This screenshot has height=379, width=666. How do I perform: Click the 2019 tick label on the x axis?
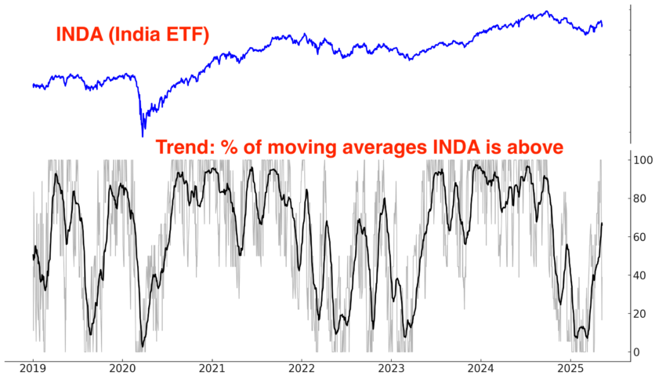[32, 368]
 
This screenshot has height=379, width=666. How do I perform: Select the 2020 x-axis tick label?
[122, 368]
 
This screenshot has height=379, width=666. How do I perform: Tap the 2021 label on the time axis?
[212, 368]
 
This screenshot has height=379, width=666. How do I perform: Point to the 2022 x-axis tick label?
[302, 368]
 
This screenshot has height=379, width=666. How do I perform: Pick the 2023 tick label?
[392, 368]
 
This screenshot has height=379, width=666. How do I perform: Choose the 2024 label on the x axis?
[481, 368]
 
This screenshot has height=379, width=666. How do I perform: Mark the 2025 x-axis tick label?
[571, 368]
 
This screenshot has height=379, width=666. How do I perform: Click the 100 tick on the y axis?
[643, 160]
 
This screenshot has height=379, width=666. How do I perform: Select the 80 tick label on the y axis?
[640, 199]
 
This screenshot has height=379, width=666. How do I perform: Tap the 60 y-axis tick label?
[640, 237]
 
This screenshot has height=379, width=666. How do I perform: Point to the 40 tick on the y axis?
[640, 275]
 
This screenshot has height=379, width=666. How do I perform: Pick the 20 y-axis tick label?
[640, 314]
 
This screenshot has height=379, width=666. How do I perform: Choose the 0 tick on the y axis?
[637, 352]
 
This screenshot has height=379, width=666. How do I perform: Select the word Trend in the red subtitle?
[181, 147]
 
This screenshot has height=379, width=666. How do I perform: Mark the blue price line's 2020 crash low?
[142, 137]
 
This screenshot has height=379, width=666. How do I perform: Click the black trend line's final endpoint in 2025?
[602, 224]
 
